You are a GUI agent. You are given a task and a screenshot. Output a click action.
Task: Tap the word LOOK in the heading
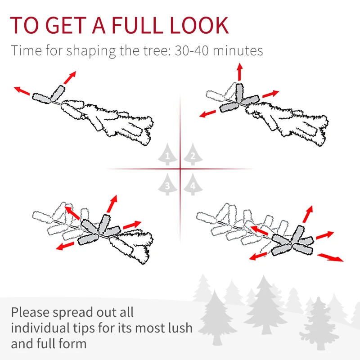click(x=199, y=25)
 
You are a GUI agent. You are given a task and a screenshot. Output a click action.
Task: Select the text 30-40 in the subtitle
click(x=192, y=50)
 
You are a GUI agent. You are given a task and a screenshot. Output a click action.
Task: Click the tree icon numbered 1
click(x=167, y=154)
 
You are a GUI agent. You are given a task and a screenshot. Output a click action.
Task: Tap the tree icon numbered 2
click(x=193, y=154)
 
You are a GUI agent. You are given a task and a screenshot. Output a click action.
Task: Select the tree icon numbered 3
click(x=167, y=184)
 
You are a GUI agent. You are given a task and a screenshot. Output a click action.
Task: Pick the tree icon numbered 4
click(x=193, y=184)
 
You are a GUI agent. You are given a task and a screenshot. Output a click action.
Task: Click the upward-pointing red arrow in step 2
click(x=240, y=72)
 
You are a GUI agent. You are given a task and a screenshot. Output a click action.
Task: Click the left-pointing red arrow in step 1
click(x=22, y=91)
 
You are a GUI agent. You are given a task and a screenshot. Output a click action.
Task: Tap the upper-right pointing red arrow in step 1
click(x=70, y=77)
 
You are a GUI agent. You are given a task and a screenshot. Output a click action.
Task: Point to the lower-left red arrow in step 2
click(x=207, y=114)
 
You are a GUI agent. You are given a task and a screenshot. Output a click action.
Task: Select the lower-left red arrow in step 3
click(x=65, y=246)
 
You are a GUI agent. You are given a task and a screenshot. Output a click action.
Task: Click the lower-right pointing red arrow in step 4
click(x=330, y=257)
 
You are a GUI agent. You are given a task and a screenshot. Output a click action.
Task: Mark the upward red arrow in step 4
click(x=308, y=214)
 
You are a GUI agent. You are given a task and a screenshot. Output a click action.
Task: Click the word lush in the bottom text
click(x=180, y=328)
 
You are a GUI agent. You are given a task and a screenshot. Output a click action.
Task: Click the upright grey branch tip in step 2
click(x=239, y=92)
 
